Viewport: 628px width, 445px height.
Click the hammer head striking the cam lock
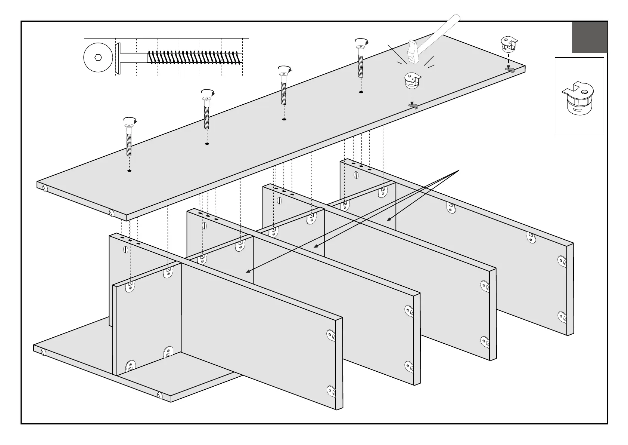click(x=414, y=52)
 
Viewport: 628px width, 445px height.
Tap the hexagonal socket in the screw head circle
click(x=98, y=58)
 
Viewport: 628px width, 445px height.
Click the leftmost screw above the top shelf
click(x=129, y=140)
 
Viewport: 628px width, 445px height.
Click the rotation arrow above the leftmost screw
click(x=130, y=120)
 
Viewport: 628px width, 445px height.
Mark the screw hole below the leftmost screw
click(x=129, y=171)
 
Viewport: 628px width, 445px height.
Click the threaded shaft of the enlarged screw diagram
click(x=194, y=57)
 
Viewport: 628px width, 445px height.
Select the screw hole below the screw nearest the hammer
click(x=361, y=92)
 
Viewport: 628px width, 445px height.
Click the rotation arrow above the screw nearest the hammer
click(x=361, y=40)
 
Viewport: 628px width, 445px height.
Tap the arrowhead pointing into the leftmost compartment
click(x=247, y=272)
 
